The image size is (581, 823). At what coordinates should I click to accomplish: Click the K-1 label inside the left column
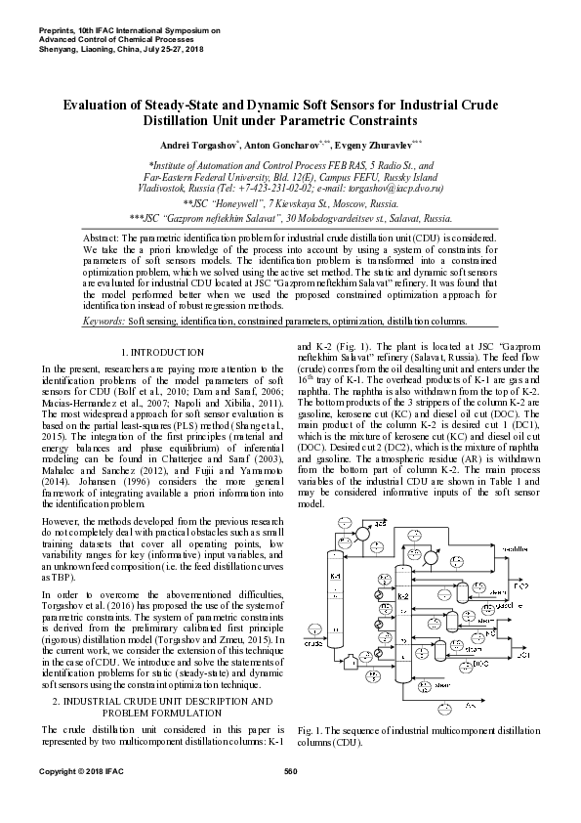(336, 577)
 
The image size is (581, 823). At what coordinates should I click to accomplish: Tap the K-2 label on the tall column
(403, 595)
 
